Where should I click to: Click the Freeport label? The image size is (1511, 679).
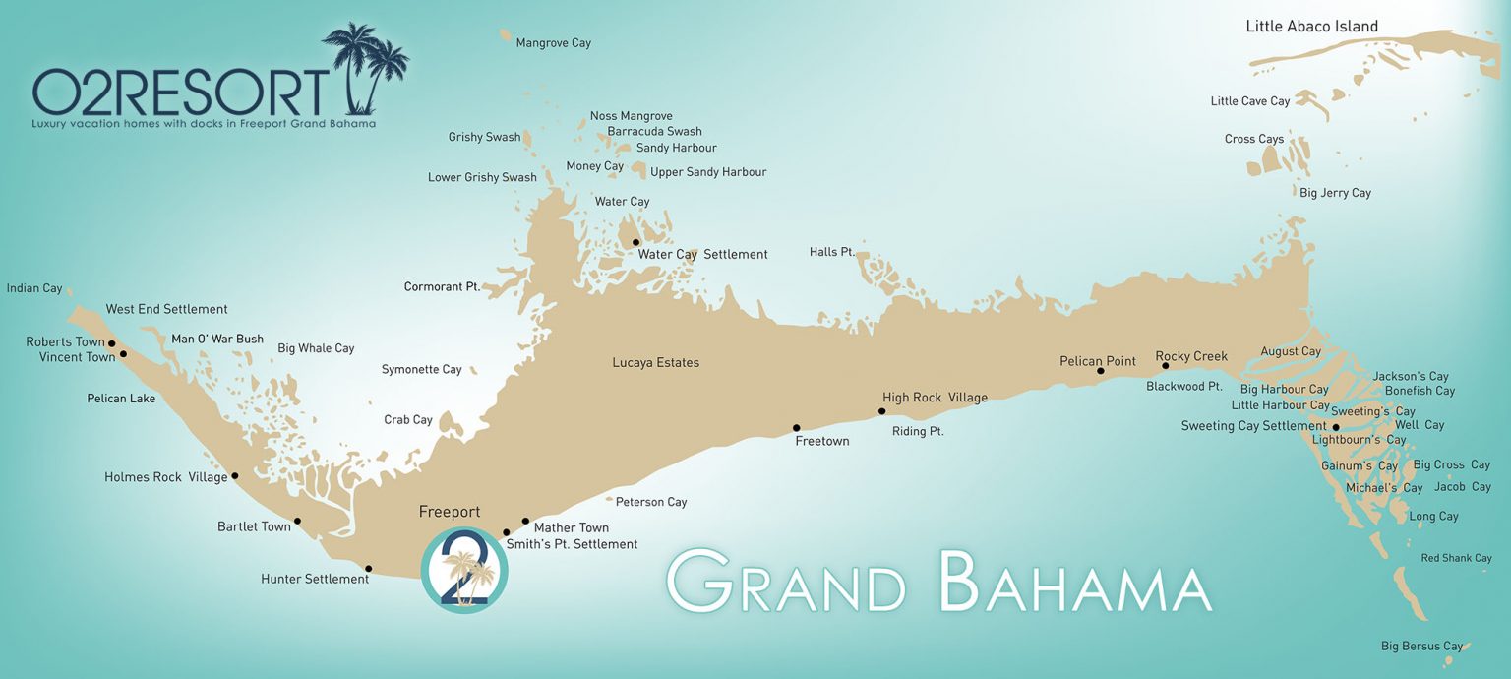[450, 512]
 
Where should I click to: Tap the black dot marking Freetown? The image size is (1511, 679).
[797, 428]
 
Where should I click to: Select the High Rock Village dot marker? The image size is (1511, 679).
[882, 411]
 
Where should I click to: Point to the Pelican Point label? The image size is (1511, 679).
[1097, 361]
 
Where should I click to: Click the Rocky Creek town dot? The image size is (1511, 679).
[1165, 366]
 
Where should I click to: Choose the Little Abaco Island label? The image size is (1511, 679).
[1311, 27]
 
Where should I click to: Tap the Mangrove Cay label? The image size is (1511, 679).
[553, 43]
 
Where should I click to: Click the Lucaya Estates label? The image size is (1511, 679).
[655, 363]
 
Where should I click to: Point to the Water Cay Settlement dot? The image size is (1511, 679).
[635, 242]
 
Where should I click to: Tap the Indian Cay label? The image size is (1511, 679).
[34, 288]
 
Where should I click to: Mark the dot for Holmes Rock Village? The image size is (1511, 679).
[234, 475]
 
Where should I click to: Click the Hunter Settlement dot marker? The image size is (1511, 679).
[369, 568]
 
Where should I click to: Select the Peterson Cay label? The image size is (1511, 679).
[651, 502]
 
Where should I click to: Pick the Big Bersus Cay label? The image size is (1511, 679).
[1421, 647]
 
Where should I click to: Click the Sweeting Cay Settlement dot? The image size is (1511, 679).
[1336, 426]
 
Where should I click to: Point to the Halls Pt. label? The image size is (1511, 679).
[831, 252]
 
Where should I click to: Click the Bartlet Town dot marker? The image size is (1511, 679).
[297, 521]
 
